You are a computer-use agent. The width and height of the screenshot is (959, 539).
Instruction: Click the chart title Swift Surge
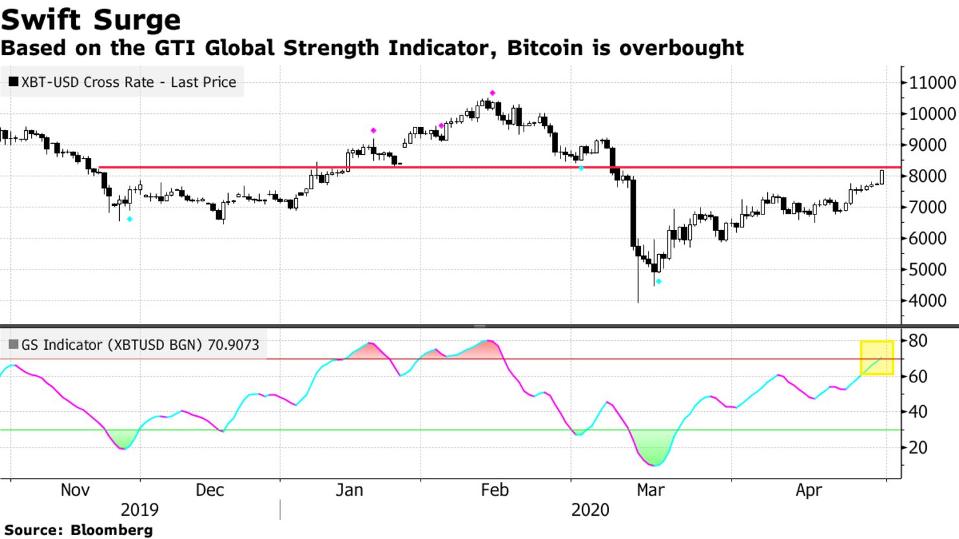tap(91, 19)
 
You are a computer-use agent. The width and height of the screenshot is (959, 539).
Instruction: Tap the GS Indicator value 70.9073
tap(233, 345)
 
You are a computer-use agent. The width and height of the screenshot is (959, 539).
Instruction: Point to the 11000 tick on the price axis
tap(932, 82)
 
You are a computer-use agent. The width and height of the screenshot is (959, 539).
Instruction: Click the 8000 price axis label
tap(932, 176)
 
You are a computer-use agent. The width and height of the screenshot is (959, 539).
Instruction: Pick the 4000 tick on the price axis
tap(932, 301)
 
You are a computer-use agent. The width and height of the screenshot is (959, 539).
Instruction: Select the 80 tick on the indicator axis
tap(918, 340)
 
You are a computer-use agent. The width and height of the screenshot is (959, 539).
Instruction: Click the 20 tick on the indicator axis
tap(918, 447)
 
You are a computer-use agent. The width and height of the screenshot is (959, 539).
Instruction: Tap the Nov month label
tap(75, 490)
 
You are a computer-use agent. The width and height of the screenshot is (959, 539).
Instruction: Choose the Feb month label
tap(494, 490)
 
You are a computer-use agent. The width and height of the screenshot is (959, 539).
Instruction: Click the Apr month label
tap(809, 490)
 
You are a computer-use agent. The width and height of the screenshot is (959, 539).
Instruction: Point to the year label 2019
tap(139, 510)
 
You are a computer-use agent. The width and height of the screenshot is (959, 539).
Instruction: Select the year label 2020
tap(590, 510)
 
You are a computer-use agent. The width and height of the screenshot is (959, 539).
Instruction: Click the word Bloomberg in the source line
tap(111, 530)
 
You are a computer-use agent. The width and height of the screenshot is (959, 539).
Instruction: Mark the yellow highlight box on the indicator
tap(877, 358)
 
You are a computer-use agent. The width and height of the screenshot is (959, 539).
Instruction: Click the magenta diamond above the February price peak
tap(492, 93)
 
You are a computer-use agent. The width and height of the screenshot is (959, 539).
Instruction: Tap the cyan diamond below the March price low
tap(658, 281)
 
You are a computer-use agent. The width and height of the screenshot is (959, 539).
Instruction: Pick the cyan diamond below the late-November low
tap(130, 219)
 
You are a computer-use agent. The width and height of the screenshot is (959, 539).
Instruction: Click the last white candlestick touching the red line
tap(882, 176)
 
